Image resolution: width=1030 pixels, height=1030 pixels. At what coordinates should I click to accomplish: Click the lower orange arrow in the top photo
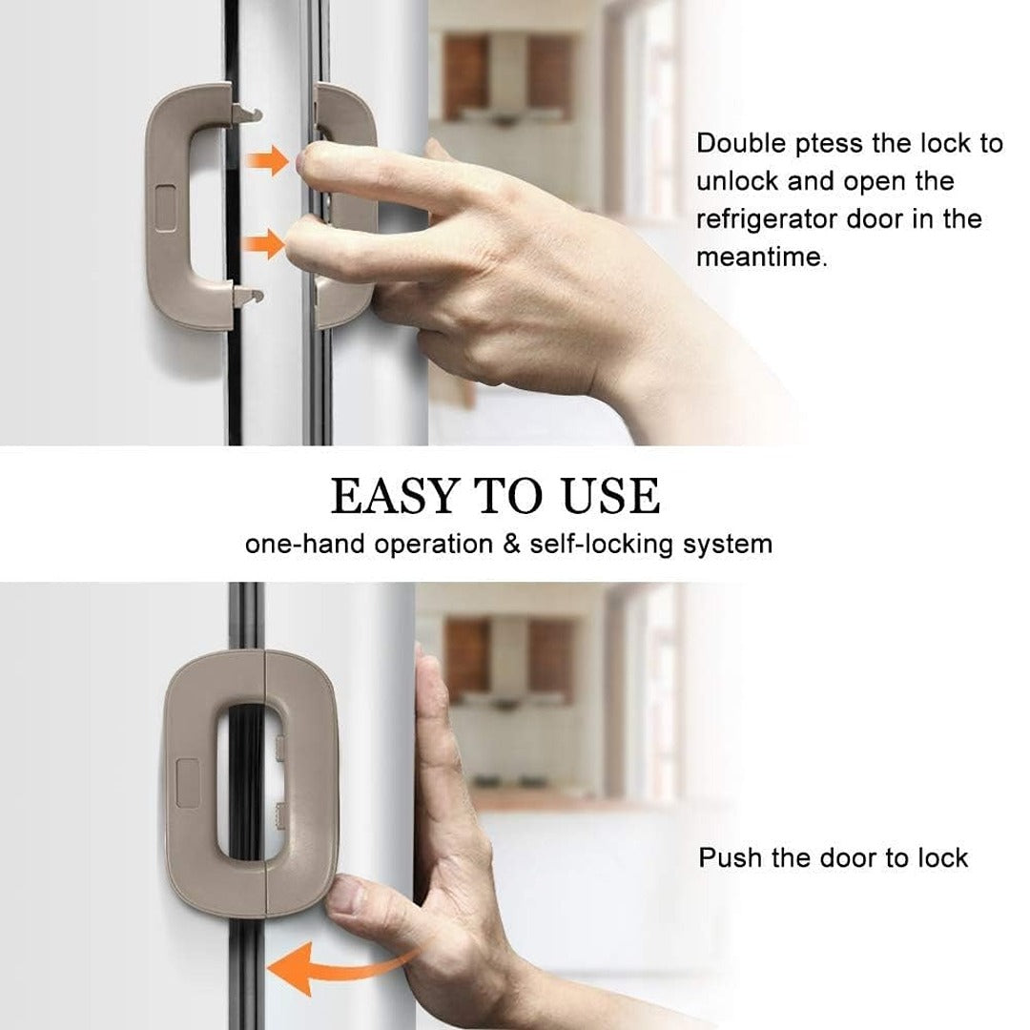(266, 245)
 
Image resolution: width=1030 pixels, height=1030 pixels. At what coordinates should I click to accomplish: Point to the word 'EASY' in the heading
(395, 497)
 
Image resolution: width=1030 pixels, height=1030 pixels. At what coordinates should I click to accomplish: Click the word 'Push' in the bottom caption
(731, 857)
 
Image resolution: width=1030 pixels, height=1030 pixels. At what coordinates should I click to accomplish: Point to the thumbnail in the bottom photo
(349, 895)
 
